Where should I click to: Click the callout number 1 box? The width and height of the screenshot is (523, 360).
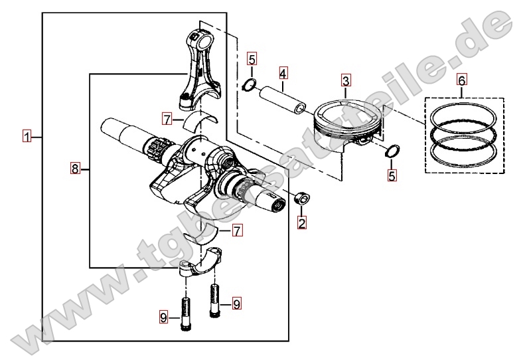[x=27, y=137]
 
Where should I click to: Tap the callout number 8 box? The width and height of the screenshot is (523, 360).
[x=75, y=168]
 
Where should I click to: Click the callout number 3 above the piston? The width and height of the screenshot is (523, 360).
[x=346, y=81]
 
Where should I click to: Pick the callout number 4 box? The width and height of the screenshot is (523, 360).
[x=283, y=73]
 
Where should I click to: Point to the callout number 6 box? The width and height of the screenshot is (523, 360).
[x=462, y=80]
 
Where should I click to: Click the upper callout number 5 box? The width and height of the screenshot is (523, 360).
[x=252, y=58]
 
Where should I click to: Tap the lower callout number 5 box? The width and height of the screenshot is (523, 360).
[x=392, y=175]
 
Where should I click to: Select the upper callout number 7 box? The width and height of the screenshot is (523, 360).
[x=167, y=119]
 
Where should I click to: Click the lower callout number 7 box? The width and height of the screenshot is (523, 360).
[x=237, y=230]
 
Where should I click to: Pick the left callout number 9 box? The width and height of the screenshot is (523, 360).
[x=163, y=317]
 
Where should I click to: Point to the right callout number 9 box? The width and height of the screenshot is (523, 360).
[x=236, y=304]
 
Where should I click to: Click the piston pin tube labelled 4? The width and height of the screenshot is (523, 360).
[x=283, y=100]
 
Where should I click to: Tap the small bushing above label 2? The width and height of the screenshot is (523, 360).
[x=301, y=198]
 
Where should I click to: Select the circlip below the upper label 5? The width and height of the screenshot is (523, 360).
[x=249, y=85]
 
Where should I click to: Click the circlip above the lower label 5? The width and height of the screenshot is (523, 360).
[x=392, y=151]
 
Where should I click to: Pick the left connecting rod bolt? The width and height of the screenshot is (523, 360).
[x=185, y=314]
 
